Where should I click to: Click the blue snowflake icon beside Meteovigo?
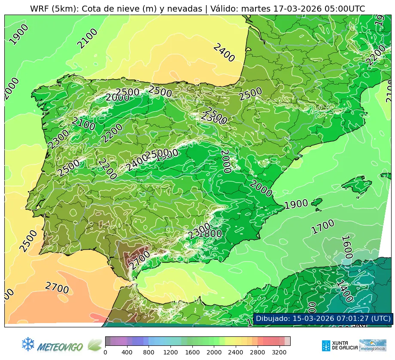point(28,344)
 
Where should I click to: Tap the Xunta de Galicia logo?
point(339,345)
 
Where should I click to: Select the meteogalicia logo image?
point(373,345)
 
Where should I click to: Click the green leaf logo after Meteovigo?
point(95,345)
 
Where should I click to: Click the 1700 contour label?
point(323,226)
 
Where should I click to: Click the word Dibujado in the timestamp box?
point(272,318)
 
